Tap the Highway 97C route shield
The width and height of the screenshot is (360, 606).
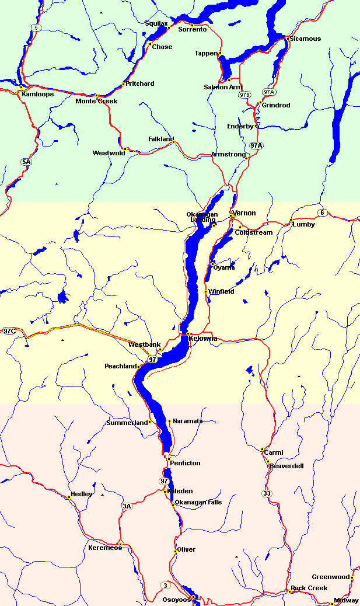tap(9, 331)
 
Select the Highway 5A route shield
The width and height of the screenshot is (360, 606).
tap(25, 162)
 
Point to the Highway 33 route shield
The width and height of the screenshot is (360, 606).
tap(267, 494)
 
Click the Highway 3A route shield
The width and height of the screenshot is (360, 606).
tap(127, 506)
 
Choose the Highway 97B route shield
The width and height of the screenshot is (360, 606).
tap(244, 95)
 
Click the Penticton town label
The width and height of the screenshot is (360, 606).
tap(185, 463)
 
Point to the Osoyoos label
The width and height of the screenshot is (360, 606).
tap(176, 600)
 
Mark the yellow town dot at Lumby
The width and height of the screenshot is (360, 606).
tap(291, 220)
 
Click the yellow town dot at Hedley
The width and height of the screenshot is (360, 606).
tap(69, 497)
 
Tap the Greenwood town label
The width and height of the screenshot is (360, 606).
tap(330, 577)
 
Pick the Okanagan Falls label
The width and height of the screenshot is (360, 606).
tap(198, 502)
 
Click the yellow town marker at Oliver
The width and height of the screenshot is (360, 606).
tap(175, 551)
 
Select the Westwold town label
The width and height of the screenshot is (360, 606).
tap(109, 153)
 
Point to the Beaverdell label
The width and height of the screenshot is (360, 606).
tap(286, 466)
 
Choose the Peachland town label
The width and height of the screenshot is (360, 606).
tap(120, 366)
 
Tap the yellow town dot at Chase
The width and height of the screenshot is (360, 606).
tap(150, 44)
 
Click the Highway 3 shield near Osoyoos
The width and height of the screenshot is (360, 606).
tap(166, 586)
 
